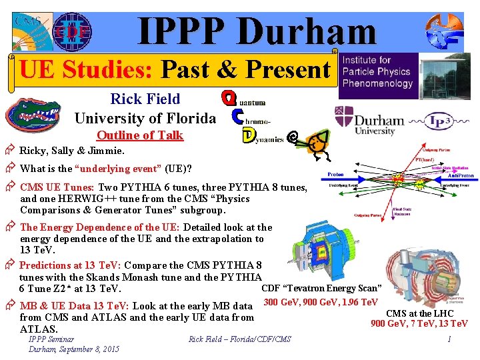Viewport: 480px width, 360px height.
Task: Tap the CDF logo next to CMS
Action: [x=71, y=31]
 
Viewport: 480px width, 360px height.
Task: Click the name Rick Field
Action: [x=145, y=99]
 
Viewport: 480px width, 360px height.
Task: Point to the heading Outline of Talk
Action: [x=139, y=135]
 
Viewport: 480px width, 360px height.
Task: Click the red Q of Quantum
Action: [x=229, y=99]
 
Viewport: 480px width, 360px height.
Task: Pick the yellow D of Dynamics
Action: [x=247, y=135]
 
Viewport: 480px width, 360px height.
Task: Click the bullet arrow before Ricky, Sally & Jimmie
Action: [x=10, y=151]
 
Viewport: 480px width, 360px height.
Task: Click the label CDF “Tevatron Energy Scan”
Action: [x=321, y=289]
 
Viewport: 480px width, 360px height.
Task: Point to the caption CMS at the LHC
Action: [x=420, y=313]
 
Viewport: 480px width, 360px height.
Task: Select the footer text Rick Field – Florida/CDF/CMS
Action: [x=240, y=340]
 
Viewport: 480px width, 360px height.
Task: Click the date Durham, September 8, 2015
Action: [x=74, y=349]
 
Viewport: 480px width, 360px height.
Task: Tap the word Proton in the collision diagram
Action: [x=335, y=174]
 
